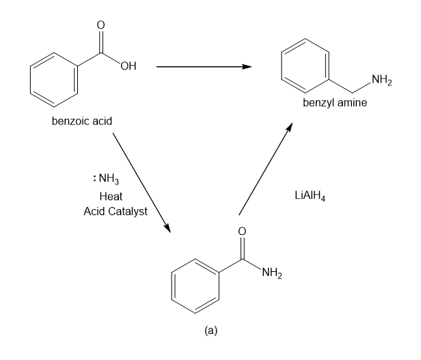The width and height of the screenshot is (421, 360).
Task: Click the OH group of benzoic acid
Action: (128, 66)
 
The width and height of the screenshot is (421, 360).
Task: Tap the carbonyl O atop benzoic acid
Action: (101, 25)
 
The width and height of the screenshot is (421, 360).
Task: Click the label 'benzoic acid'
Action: (81, 122)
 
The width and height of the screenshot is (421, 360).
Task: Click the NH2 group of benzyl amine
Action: (381, 83)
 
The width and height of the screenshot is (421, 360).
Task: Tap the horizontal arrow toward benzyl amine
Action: (203, 67)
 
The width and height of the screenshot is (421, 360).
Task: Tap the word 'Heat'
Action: (111, 196)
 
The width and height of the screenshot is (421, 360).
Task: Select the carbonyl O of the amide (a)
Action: (242, 232)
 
